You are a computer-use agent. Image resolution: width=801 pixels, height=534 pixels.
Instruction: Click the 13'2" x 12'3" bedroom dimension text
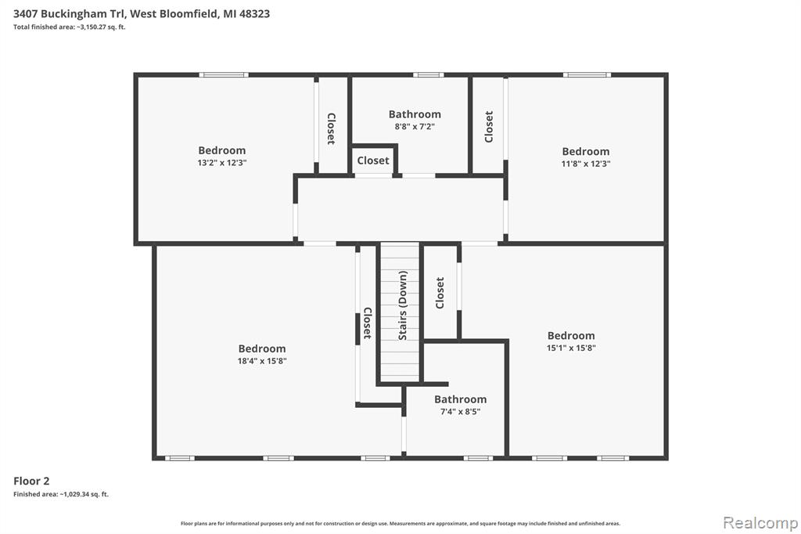[221, 163]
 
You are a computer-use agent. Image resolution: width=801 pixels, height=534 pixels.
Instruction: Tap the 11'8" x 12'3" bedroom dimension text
[585, 164]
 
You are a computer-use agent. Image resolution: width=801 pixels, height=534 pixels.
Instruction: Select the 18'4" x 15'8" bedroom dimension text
[262, 361]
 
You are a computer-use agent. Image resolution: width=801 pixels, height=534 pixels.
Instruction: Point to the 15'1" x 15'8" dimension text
[571, 348]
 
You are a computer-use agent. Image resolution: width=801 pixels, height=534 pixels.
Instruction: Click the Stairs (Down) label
[403, 305]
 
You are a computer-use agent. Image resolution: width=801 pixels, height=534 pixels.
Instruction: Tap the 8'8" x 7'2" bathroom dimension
[415, 126]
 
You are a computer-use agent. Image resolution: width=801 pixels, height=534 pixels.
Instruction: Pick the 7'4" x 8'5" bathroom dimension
[460, 411]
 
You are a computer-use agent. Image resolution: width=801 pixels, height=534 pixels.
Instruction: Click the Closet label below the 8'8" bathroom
[373, 161]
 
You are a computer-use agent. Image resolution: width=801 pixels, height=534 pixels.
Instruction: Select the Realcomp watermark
[760, 523]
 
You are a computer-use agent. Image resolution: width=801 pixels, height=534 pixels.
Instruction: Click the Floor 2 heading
[31, 481]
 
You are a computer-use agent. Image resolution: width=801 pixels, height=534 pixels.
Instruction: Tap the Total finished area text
[69, 27]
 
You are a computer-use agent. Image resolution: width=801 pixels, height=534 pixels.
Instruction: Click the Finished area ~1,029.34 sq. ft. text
[61, 494]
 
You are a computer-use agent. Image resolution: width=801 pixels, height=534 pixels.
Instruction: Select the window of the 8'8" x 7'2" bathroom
[428, 75]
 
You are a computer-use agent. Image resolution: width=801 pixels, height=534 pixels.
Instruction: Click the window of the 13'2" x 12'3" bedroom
[224, 75]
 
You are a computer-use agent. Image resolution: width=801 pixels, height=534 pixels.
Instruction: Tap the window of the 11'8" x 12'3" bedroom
[587, 75]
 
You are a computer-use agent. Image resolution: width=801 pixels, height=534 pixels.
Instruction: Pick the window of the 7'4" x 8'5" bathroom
[478, 458]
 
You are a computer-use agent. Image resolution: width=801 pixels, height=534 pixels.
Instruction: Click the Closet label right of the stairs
[440, 293]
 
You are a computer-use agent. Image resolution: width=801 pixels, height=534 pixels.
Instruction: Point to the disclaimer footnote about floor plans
[400, 523]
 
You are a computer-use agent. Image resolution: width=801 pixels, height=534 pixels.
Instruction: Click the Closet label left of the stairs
[367, 323]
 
